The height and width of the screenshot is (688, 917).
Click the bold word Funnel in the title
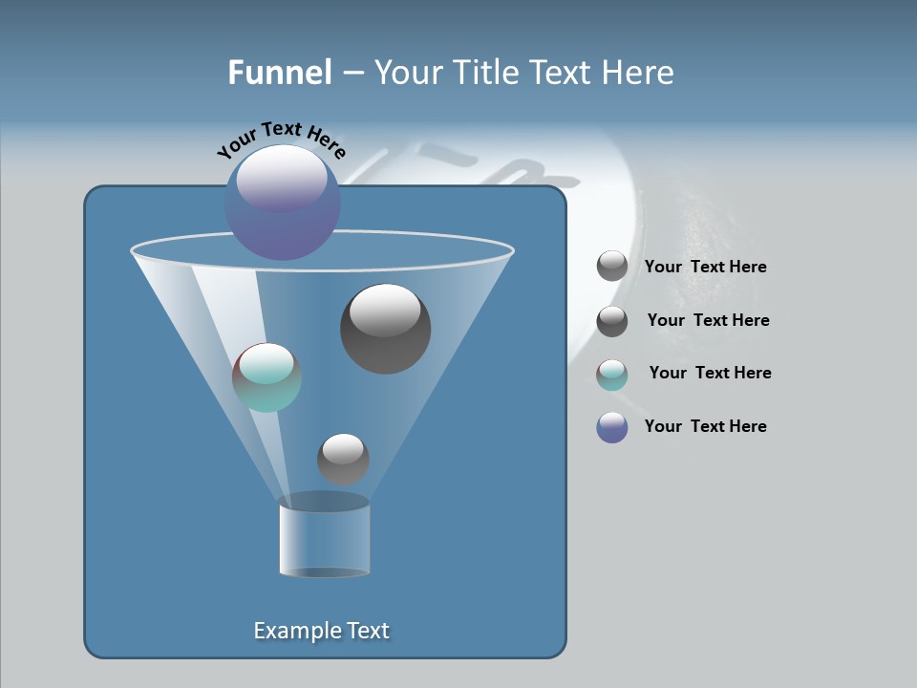(x=279, y=73)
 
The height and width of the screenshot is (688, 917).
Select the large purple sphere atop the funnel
(x=282, y=203)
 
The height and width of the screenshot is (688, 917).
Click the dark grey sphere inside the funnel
(x=386, y=329)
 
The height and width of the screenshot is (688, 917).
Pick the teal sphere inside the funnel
(x=267, y=377)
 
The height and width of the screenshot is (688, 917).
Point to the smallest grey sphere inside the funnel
(x=343, y=459)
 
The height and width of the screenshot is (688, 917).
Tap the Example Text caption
(x=322, y=631)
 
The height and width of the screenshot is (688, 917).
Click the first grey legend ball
(x=612, y=266)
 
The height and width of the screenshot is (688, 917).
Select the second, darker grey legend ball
(x=612, y=321)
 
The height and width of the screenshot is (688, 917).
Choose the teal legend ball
(x=612, y=375)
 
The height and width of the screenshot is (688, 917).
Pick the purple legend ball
(x=612, y=427)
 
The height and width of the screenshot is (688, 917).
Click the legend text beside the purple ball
(x=706, y=426)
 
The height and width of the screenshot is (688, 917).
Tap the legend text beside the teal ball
(x=710, y=373)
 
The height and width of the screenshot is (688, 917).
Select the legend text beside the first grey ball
(x=706, y=267)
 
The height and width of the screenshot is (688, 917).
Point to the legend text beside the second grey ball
(x=708, y=320)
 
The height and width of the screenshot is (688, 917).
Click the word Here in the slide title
(x=639, y=73)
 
